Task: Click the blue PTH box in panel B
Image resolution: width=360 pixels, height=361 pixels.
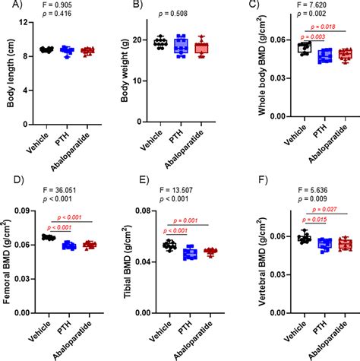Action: click(180, 47)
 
